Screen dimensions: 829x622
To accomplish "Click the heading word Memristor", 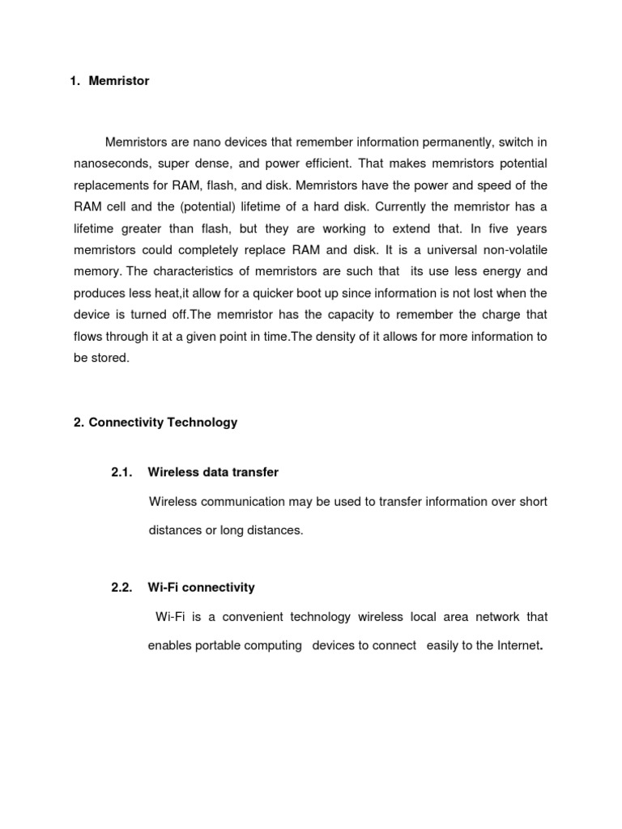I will pos(119,82).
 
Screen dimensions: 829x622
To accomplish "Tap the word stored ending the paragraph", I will pos(111,358).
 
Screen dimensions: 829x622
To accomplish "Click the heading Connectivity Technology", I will pos(163,423).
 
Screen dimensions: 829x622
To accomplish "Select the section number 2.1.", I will pos(122,472).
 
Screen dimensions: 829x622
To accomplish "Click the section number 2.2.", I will pos(122,588).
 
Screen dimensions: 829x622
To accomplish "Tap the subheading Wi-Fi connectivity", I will pos(201,588).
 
